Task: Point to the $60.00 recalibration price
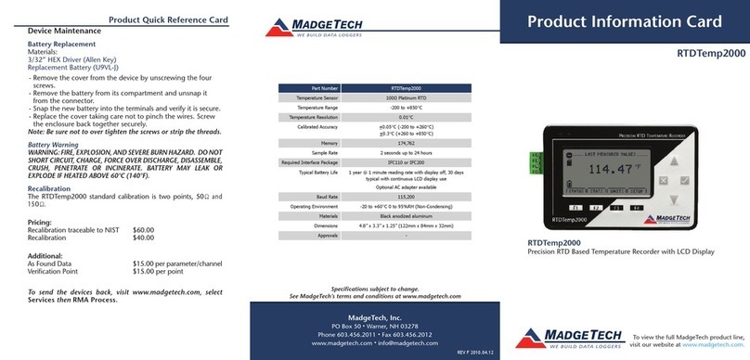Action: [144, 230]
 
